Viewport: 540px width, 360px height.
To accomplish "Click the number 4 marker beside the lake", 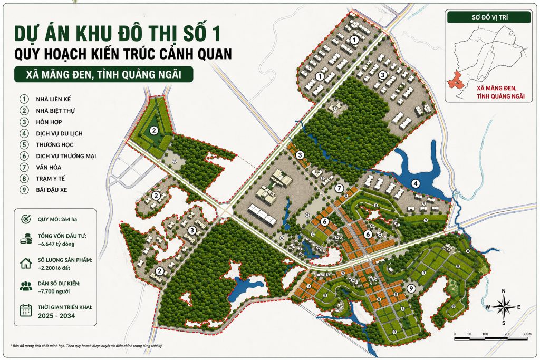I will click(x=416, y=184).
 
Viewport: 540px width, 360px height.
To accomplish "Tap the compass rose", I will click(x=504, y=307).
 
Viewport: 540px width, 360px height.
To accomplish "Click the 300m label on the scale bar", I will click(x=525, y=334).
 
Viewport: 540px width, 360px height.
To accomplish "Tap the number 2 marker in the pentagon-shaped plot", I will click(x=153, y=131).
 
